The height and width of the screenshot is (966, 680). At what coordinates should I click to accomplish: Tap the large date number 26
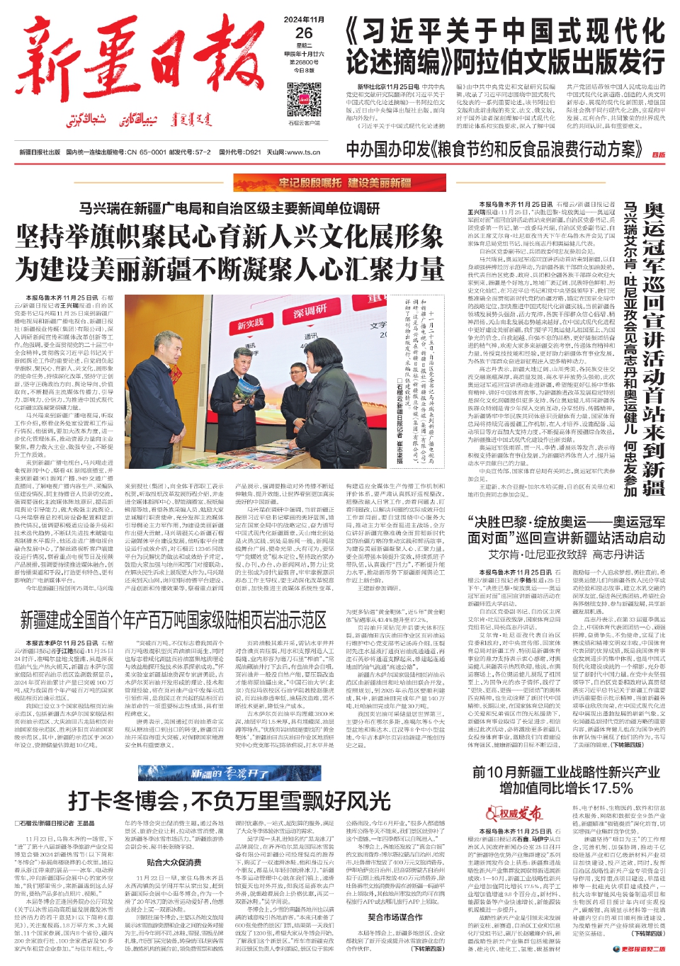point(304,33)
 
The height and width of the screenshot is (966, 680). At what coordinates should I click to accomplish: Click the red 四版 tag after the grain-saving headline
point(658,154)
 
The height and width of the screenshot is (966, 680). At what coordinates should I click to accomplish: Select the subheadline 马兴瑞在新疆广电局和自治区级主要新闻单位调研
point(229,209)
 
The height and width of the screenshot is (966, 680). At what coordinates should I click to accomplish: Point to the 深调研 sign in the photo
point(310,311)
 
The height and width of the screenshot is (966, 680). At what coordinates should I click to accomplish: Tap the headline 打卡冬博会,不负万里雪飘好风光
point(229,801)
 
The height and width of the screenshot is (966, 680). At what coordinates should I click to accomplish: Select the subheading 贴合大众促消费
point(174,863)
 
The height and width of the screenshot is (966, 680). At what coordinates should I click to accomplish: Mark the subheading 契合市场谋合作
point(395,917)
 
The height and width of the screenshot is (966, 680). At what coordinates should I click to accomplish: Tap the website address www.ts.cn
point(303,152)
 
